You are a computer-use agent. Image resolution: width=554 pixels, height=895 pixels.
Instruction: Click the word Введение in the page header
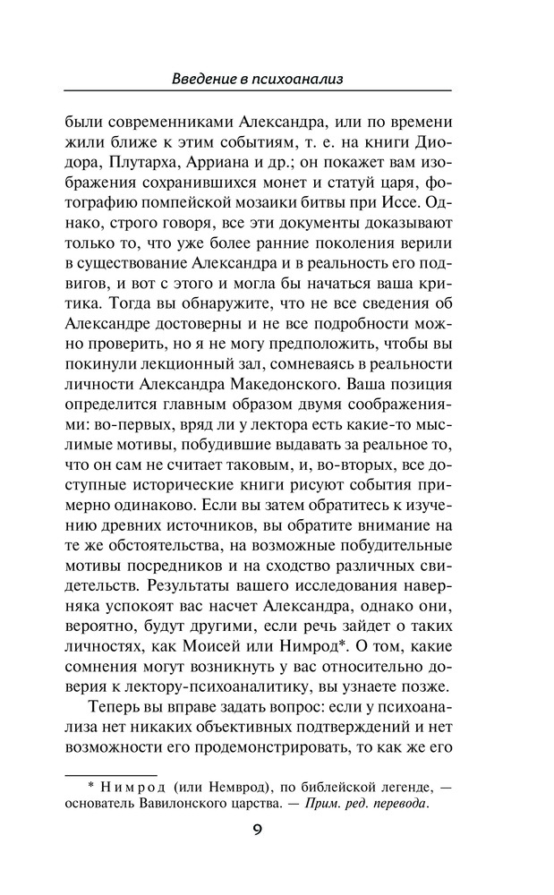(x=204, y=80)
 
